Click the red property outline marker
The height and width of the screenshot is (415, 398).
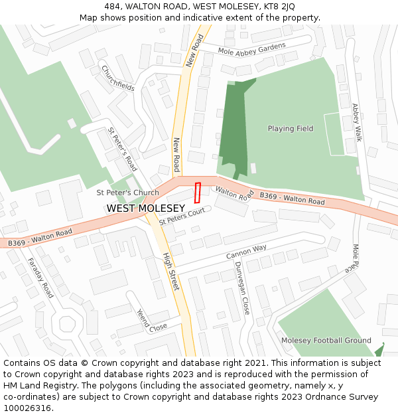[197, 193]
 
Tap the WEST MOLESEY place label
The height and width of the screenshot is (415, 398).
[146, 208]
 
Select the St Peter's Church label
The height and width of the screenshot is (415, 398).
[128, 193]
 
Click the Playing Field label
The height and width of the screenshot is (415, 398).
[291, 129]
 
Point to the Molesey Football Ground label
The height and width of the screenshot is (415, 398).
[326, 341]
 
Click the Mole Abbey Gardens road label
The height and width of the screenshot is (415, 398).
[252, 48]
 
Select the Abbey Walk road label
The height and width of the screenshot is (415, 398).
[357, 122]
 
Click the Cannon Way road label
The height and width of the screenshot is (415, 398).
[246, 252]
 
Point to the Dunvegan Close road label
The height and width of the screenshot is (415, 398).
[241, 288]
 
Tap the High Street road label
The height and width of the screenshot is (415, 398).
[171, 271]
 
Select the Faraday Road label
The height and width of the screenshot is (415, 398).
[40, 278]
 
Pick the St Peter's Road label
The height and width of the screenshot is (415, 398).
[122, 149]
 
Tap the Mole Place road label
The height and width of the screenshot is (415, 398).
[352, 260]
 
